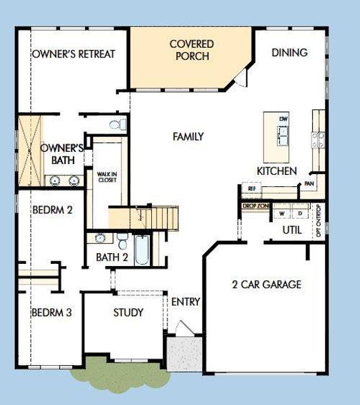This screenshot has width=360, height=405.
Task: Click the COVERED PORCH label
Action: [191, 50]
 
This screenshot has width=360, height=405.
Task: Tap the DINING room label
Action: [289, 53]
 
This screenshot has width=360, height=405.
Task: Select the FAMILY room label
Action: [188, 136]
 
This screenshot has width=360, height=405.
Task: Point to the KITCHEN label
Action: [276, 171]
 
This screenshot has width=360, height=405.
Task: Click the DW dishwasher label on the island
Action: [284, 119]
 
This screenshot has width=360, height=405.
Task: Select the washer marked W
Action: [281, 213]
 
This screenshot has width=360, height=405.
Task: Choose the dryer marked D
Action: [299, 213]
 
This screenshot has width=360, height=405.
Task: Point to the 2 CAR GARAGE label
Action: [266, 284]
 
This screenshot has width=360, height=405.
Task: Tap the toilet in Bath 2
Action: [122, 241]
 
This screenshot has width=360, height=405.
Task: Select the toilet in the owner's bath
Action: [120, 124]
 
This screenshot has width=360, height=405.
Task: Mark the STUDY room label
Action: [128, 313]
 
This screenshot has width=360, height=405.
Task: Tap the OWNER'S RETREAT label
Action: [73, 54]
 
